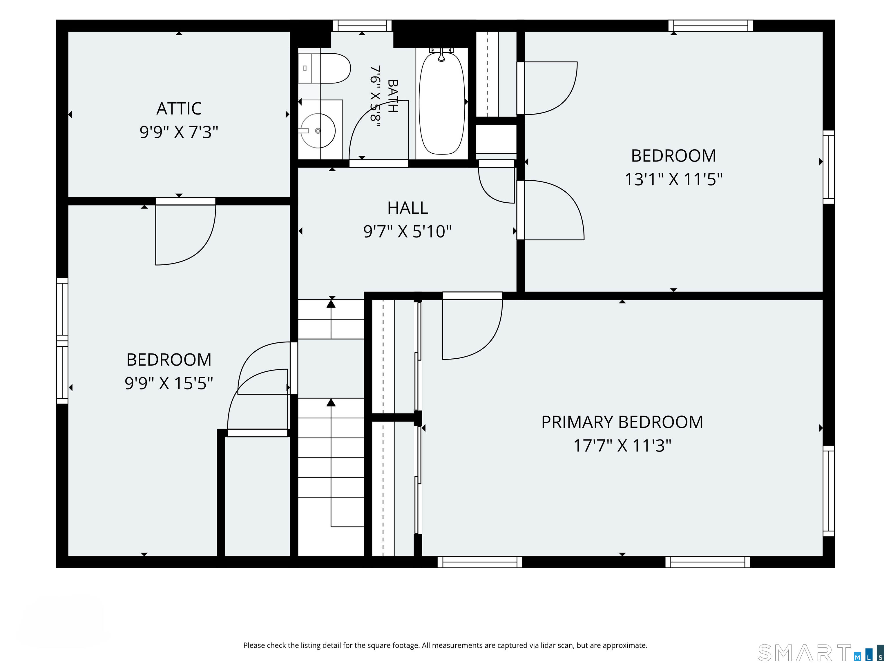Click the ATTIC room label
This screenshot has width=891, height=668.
pyautogui.click(x=179, y=108)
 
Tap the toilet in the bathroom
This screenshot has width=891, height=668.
pyautogui.click(x=324, y=68)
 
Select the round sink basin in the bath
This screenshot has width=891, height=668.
pyautogui.click(x=318, y=130)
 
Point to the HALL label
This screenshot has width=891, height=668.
pyautogui.click(x=408, y=208)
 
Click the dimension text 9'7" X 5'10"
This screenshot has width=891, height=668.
pyautogui.click(x=408, y=232)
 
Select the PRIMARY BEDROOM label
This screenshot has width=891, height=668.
pyautogui.click(x=622, y=422)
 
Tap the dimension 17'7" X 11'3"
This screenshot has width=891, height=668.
pyautogui.click(x=622, y=446)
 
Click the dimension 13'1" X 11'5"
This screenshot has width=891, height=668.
pyautogui.click(x=673, y=179)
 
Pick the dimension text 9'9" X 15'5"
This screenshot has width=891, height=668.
pyautogui.click(x=169, y=383)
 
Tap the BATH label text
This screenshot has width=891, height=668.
pyautogui.click(x=393, y=96)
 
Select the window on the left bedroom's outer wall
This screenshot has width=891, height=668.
pyautogui.click(x=62, y=341)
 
